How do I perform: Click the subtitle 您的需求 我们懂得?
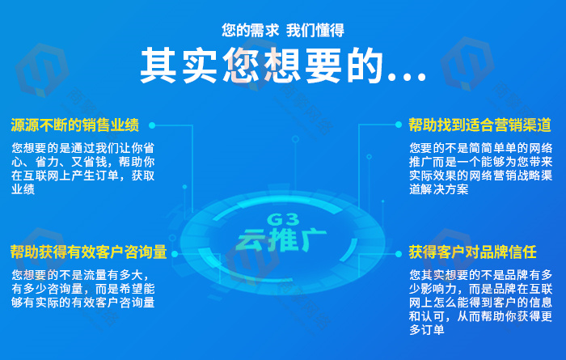(283, 30)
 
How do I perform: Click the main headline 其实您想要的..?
(261, 66)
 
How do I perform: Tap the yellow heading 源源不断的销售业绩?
(74, 125)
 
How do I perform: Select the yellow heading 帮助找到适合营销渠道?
(479, 125)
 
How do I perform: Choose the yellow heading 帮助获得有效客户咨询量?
(88, 252)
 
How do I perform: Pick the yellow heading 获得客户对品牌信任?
(472, 252)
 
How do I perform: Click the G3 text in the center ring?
(283, 219)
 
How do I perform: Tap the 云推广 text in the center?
(281, 239)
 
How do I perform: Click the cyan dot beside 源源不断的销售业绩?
(152, 125)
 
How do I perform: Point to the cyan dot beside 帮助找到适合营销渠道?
(399, 125)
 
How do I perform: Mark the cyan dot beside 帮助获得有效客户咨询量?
(175, 254)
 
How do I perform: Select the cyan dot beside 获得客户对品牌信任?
(399, 254)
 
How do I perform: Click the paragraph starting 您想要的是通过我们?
(83, 168)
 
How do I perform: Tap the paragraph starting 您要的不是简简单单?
(481, 168)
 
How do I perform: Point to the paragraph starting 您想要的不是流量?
(83, 289)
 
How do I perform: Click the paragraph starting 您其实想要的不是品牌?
(481, 303)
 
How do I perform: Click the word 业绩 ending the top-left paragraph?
(23, 189)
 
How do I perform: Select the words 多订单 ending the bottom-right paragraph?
(427, 330)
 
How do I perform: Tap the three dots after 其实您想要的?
(407, 77)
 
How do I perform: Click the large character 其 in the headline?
(158, 66)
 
